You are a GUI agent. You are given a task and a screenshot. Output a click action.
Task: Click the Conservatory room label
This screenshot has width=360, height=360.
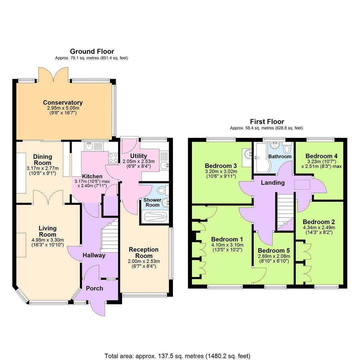[63, 103]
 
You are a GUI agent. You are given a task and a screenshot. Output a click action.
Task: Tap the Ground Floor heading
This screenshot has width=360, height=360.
[92, 51]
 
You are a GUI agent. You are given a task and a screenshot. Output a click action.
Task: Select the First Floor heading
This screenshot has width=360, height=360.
[267, 122]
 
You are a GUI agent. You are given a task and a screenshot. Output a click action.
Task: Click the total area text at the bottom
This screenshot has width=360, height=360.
[177, 356]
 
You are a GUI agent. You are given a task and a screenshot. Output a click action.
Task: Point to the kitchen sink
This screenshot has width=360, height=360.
[89, 146]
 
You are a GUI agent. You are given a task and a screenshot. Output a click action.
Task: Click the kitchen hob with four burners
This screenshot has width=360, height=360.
[113, 158]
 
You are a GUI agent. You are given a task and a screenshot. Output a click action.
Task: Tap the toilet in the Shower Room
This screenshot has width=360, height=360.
[162, 190]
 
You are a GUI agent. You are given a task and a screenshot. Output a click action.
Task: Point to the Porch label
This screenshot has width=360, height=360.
[95, 288]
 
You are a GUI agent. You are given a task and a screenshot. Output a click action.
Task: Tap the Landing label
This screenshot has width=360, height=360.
[273, 182]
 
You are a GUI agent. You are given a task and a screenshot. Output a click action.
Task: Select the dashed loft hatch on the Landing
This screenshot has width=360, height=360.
[302, 184]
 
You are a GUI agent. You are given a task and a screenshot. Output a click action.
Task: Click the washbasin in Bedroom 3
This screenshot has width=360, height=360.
[247, 154]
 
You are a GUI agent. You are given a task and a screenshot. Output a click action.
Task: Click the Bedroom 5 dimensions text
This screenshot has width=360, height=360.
[274, 259]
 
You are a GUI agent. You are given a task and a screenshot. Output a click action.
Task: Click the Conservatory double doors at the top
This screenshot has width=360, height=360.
[53, 74]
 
